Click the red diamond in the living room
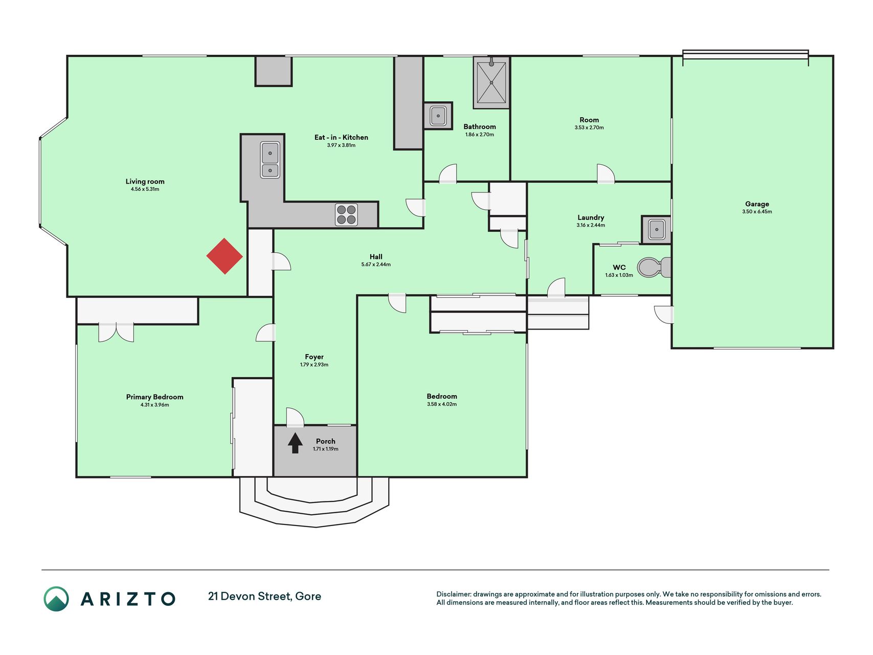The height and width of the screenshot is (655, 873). tap(225, 256)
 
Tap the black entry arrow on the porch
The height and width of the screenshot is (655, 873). tap(295, 443)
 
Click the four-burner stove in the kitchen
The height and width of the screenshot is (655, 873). tap(346, 214)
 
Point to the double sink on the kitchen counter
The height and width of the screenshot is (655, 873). tap(270, 160)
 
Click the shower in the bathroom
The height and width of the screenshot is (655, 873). tap(491, 82)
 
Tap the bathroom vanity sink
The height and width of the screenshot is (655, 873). tap(438, 116)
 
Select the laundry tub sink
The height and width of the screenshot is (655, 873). tap(656, 229)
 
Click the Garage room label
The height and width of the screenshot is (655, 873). tap(757, 204)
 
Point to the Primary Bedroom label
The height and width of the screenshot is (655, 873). tap(154, 397)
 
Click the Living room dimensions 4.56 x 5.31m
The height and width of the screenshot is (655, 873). tap(145, 189)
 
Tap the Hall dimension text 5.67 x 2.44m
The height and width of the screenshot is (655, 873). tap(376, 265)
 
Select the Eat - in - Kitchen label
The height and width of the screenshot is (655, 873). tap(341, 137)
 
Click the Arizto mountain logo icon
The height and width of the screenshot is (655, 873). tap(56, 599)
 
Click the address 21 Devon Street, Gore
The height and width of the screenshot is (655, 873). tap(264, 596)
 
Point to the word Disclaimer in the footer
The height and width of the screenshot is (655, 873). tap(453, 594)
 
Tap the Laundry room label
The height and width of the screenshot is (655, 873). tap(591, 217)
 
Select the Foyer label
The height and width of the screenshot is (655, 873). tap(314, 357)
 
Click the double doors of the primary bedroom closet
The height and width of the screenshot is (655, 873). tap(116, 333)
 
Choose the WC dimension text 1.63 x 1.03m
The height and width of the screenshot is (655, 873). tap(619, 275)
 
